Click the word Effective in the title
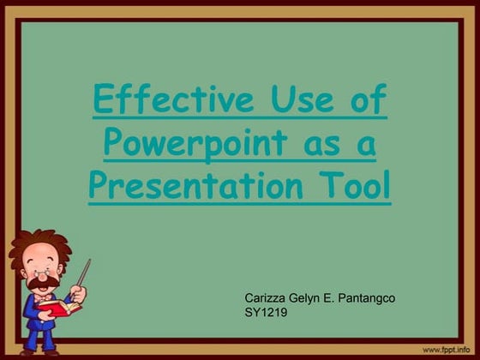tap(163, 102)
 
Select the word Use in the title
tap(290, 102)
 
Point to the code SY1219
tap(266, 313)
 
